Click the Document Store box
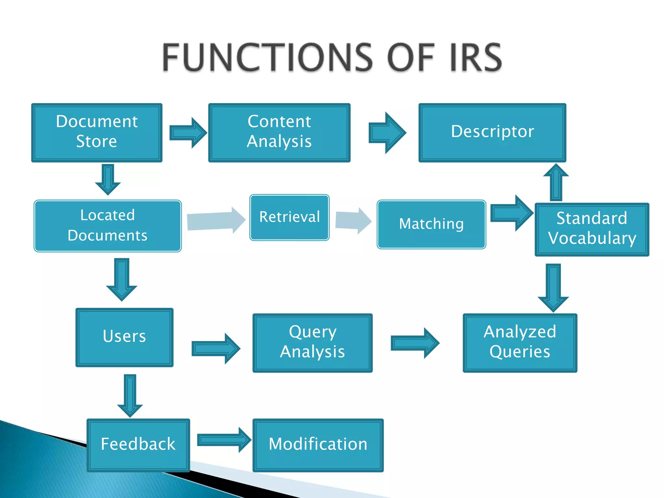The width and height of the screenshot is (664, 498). [97, 133]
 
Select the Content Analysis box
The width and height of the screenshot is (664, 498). [279, 133]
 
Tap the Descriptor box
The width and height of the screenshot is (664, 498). [492, 133]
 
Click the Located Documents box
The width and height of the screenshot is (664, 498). [108, 226]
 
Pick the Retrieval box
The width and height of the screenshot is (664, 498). [290, 217]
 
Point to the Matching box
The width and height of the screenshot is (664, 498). [431, 224]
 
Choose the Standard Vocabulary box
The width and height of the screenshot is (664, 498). [592, 229]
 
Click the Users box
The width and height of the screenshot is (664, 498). [124, 337]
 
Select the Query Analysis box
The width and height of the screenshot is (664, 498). [313, 343]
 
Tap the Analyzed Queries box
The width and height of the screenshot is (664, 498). [520, 343]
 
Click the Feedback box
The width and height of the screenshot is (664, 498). [138, 445]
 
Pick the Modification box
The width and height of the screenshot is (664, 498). [318, 445]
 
